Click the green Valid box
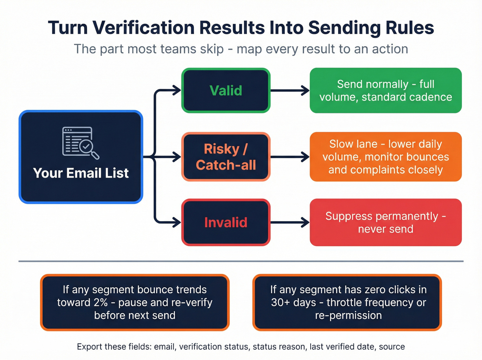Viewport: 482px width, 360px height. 226,91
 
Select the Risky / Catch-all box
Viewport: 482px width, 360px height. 226,157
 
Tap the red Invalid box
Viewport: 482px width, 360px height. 226,223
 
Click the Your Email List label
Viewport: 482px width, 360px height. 81,173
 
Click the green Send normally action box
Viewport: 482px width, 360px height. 386,91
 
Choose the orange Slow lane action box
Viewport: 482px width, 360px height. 386,157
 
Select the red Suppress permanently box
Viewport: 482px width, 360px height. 386,223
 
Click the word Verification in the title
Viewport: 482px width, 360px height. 144,28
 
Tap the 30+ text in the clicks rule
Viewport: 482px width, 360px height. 280,302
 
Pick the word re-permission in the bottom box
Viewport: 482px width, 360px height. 348,315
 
